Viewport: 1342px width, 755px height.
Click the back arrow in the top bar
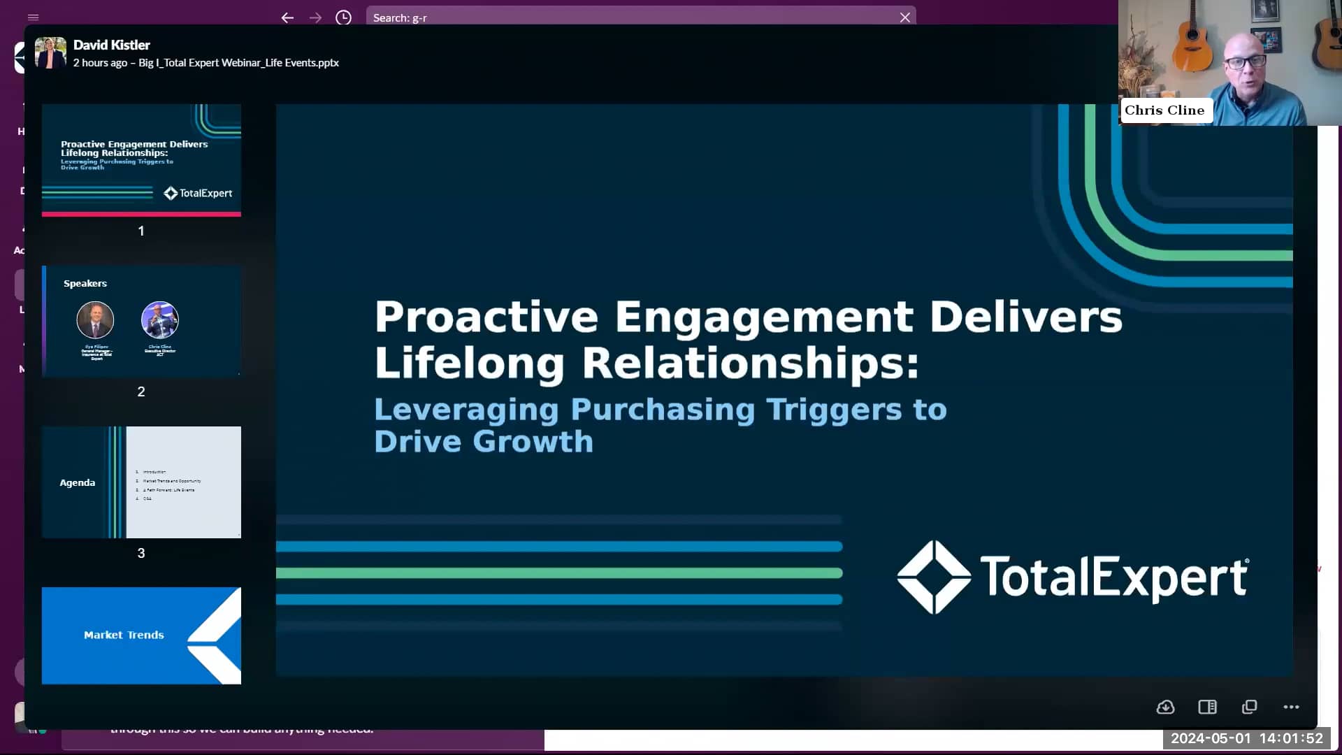click(x=287, y=17)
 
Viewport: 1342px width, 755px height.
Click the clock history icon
click(x=343, y=17)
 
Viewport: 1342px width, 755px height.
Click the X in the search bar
click(x=904, y=17)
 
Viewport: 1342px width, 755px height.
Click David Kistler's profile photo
click(x=50, y=53)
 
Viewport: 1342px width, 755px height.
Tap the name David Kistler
click(x=111, y=45)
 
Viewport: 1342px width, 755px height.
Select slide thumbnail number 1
click(x=141, y=160)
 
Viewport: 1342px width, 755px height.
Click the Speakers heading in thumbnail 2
click(x=85, y=283)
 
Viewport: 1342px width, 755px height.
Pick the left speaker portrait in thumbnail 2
click(x=95, y=320)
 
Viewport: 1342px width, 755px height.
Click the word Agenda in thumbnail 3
click(x=77, y=483)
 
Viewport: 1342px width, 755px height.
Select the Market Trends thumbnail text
click(x=124, y=635)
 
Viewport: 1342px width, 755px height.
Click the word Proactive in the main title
click(x=486, y=317)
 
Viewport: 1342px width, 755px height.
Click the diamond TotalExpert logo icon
click(x=934, y=577)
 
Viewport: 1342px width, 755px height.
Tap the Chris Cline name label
click(x=1164, y=110)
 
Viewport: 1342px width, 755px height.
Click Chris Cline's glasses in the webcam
click(x=1246, y=62)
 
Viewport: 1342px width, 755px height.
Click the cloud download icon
click(x=1165, y=707)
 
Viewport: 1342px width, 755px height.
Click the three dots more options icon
click(x=1291, y=707)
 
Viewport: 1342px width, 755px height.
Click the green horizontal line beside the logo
click(x=559, y=573)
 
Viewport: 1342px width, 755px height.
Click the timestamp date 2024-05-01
click(x=1211, y=738)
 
